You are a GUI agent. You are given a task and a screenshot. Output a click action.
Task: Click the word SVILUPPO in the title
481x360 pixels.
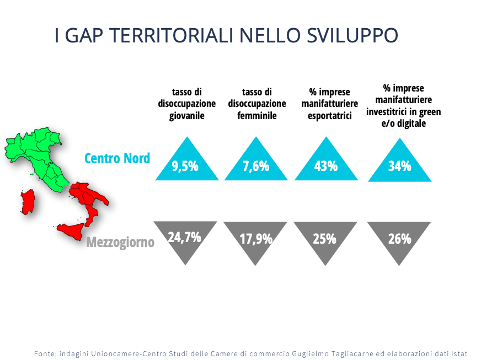352,35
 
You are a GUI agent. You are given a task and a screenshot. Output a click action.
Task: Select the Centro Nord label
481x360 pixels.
117,159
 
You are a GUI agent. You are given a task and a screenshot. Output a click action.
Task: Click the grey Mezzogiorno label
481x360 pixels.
120,243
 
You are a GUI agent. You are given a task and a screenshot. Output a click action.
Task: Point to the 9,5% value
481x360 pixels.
185,166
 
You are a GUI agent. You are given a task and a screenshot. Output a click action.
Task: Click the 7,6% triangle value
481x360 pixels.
256,166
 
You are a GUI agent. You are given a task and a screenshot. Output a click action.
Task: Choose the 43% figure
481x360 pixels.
326,166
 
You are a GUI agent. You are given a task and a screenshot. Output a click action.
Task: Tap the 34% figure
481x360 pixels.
400,166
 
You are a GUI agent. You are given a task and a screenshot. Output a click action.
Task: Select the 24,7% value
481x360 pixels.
184,237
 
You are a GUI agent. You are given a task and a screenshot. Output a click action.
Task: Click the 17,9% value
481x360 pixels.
256,239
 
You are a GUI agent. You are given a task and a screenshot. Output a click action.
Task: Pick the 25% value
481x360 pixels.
324,239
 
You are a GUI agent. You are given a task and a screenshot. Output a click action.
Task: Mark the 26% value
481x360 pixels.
400,239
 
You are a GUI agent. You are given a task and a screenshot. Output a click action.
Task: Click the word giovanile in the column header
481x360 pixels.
187,116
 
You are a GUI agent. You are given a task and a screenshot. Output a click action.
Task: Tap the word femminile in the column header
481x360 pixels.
257,116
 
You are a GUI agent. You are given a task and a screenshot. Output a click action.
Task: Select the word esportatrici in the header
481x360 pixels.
330,116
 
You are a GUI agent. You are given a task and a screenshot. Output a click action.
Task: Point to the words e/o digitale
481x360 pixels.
404,123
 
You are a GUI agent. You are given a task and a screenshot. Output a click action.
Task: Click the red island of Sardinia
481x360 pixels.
28,202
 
